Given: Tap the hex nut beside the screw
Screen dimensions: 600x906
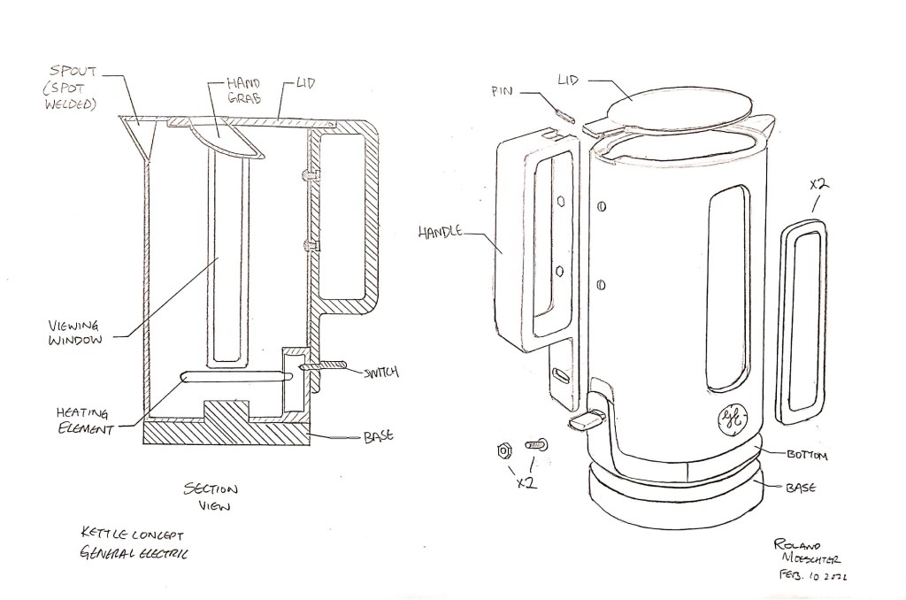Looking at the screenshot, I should pos(504,450).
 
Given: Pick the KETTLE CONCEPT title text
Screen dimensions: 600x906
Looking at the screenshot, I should pos(133,536).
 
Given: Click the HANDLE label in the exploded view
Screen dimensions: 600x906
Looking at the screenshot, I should pos(440,233).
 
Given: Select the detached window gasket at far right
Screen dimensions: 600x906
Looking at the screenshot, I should pos(802,318).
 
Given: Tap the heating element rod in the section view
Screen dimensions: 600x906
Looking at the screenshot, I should pos(235,378).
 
